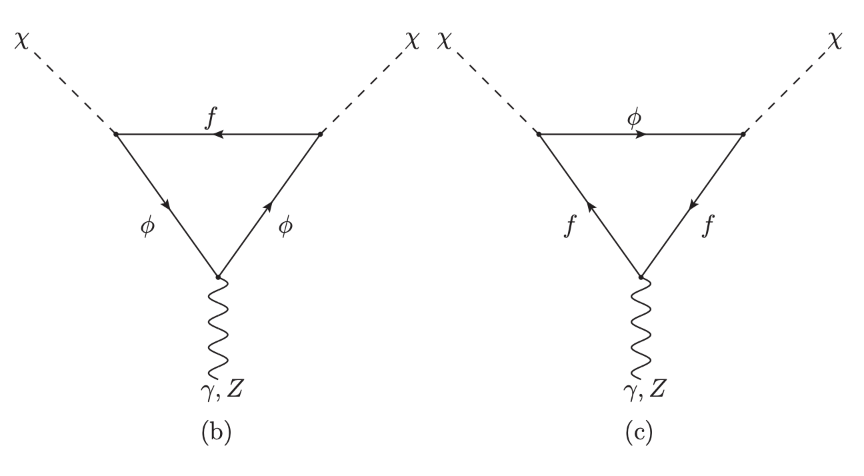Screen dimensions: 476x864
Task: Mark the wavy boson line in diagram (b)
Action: pyautogui.click(x=217, y=327)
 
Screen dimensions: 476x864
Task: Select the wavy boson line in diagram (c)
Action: pyautogui.click(x=640, y=327)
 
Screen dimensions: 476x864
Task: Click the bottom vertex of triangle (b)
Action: pyautogui.click(x=217, y=276)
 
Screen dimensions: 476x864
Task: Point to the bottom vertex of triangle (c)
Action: pyautogui.click(x=640, y=276)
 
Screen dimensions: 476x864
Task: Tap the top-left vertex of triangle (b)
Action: pyautogui.click(x=116, y=134)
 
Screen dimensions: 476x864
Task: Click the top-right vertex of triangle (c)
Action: pyautogui.click(x=742, y=134)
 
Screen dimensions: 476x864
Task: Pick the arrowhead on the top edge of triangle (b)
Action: pyautogui.click(x=217, y=134)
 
